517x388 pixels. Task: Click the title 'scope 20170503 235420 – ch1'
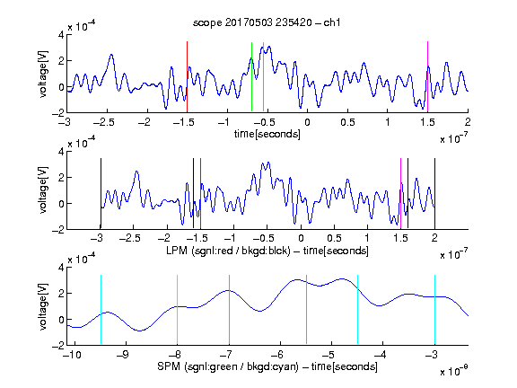tap(267, 22)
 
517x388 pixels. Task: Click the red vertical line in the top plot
tap(187, 77)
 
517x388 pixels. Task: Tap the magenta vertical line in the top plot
tap(427, 77)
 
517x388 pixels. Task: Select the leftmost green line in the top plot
tap(251, 77)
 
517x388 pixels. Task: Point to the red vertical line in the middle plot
tap(200, 193)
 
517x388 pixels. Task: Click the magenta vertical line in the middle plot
tap(400, 193)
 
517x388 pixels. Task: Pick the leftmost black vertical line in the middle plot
tap(101, 193)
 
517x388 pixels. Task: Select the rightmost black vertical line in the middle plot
tap(434, 193)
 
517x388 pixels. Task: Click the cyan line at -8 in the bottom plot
tap(177, 310)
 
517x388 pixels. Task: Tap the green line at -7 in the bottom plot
tap(229, 310)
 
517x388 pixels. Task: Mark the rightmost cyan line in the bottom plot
tap(434, 310)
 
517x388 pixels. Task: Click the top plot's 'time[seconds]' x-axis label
tap(267, 134)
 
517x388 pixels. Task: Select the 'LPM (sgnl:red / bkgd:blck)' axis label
tap(228, 251)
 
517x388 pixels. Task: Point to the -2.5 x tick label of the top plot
tap(103, 122)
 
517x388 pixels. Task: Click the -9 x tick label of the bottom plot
tap(123, 355)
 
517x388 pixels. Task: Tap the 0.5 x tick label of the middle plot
tap(334, 238)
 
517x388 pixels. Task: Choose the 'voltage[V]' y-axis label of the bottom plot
tap(43, 306)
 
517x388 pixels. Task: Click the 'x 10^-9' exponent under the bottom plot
tap(454, 371)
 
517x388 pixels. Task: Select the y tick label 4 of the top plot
tap(61, 35)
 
